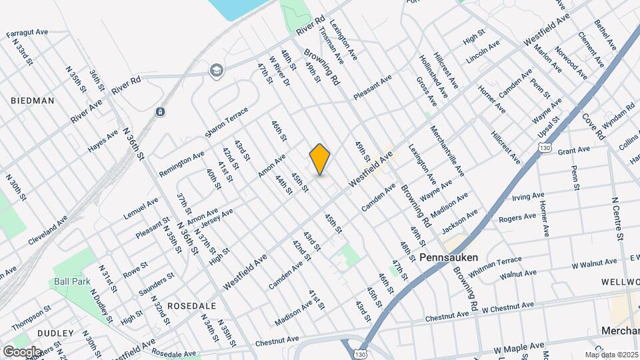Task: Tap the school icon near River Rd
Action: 216,70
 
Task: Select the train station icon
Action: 160,111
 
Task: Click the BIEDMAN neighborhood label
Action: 32,101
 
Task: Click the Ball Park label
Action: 72,281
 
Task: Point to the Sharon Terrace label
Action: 226,122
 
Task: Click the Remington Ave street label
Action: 181,164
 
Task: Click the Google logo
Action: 21,351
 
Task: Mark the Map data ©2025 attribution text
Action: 611,355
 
